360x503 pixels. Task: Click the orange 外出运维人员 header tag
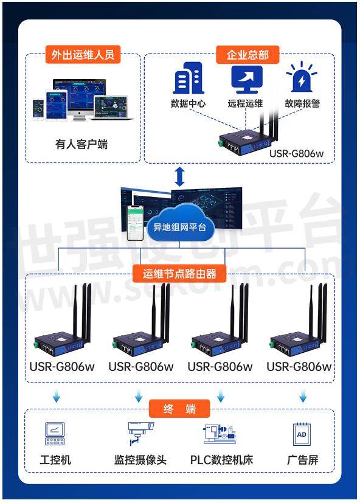(x=83, y=55)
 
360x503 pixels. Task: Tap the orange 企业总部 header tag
(x=247, y=55)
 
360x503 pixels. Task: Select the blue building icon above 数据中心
(x=189, y=78)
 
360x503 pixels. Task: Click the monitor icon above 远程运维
(x=247, y=79)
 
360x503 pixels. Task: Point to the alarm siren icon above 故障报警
(x=301, y=77)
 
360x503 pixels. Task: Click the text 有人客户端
(x=81, y=144)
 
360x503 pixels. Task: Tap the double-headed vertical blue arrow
(x=179, y=176)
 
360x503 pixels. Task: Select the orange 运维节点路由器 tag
(x=179, y=273)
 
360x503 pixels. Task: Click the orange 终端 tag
(x=179, y=409)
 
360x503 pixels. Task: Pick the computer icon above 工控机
(x=55, y=434)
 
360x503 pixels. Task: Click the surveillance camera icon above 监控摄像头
(x=140, y=433)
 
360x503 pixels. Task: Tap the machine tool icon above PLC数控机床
(x=220, y=434)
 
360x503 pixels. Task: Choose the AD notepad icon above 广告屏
(x=302, y=434)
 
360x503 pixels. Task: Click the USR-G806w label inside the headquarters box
(x=297, y=154)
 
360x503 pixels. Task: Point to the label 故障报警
(x=302, y=103)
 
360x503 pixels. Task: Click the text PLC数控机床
(x=221, y=460)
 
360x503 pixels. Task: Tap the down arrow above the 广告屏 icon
(x=303, y=396)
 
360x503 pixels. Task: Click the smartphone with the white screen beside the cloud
(x=135, y=223)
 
